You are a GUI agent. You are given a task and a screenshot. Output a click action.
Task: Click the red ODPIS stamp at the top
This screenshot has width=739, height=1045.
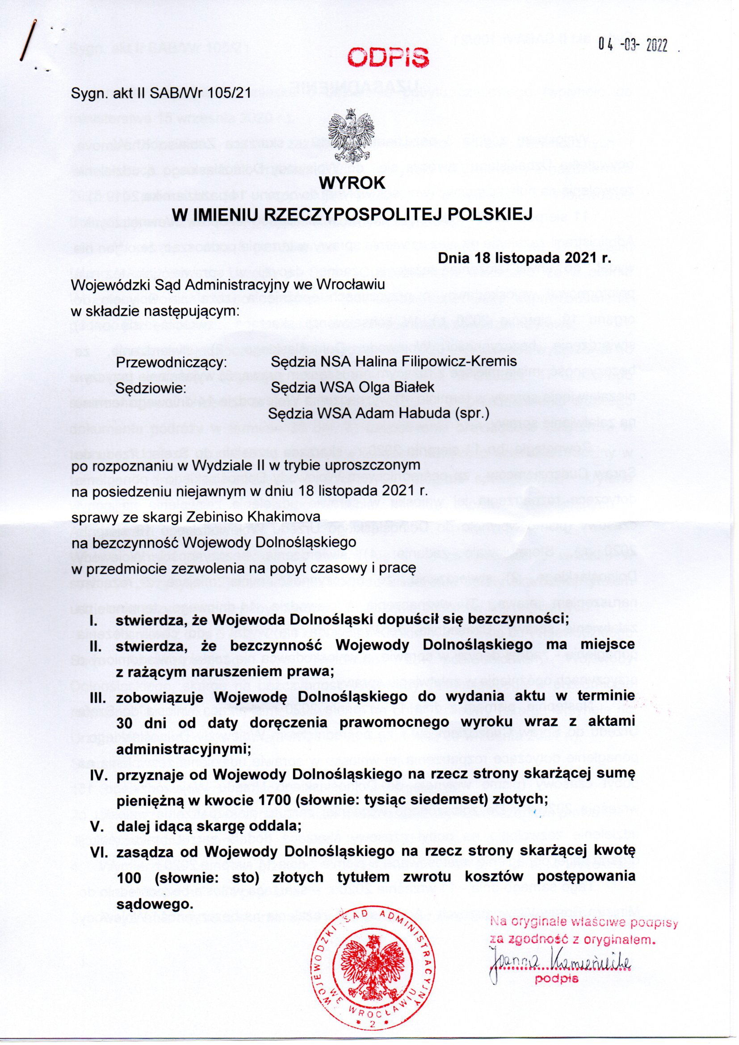(387, 57)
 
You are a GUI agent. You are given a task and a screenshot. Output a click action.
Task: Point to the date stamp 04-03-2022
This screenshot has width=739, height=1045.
(633, 45)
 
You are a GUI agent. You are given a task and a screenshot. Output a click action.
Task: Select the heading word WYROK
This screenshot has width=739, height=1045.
(353, 183)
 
